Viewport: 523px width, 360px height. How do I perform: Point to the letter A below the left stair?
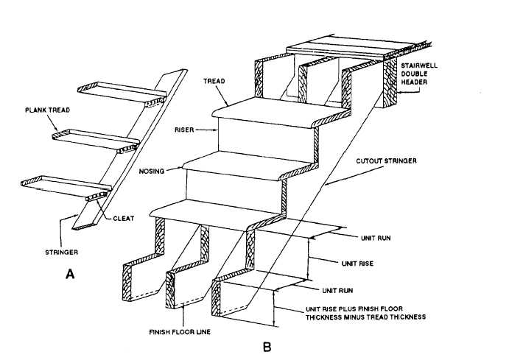(70, 275)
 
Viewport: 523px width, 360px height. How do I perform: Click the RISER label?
(186, 129)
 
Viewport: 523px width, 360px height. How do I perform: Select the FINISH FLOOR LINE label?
(180, 332)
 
